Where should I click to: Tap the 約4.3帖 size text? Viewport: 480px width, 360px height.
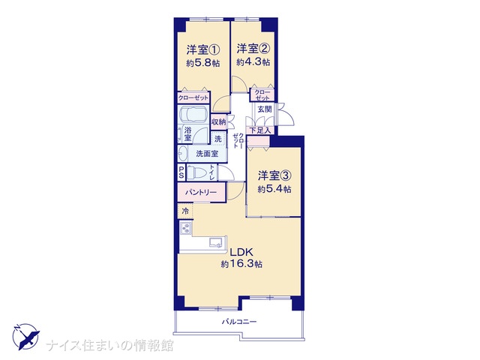253,62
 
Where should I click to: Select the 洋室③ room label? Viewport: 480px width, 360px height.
274,175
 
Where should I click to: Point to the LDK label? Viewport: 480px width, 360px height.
241,252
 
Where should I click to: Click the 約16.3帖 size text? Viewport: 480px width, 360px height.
241,264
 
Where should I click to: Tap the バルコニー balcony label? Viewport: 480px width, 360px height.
239,322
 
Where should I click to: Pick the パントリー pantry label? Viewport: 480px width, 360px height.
201,193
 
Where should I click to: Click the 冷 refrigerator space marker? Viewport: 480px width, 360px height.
185,211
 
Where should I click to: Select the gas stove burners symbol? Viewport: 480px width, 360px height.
186,228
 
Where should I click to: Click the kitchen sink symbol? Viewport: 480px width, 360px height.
215,242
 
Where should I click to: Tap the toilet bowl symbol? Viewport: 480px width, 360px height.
196,172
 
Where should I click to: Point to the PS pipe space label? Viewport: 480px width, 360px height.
181,172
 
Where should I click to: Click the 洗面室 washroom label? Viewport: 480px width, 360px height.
207,154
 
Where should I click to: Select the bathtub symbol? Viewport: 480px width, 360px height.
193,115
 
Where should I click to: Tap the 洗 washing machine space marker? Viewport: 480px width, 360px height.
217,139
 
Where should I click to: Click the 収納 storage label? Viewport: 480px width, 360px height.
218,121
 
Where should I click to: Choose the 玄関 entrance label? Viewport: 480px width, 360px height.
264,109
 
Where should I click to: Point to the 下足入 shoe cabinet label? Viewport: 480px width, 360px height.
260,130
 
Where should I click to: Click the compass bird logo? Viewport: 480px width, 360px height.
26,337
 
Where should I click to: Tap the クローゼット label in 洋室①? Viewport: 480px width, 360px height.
193,98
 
